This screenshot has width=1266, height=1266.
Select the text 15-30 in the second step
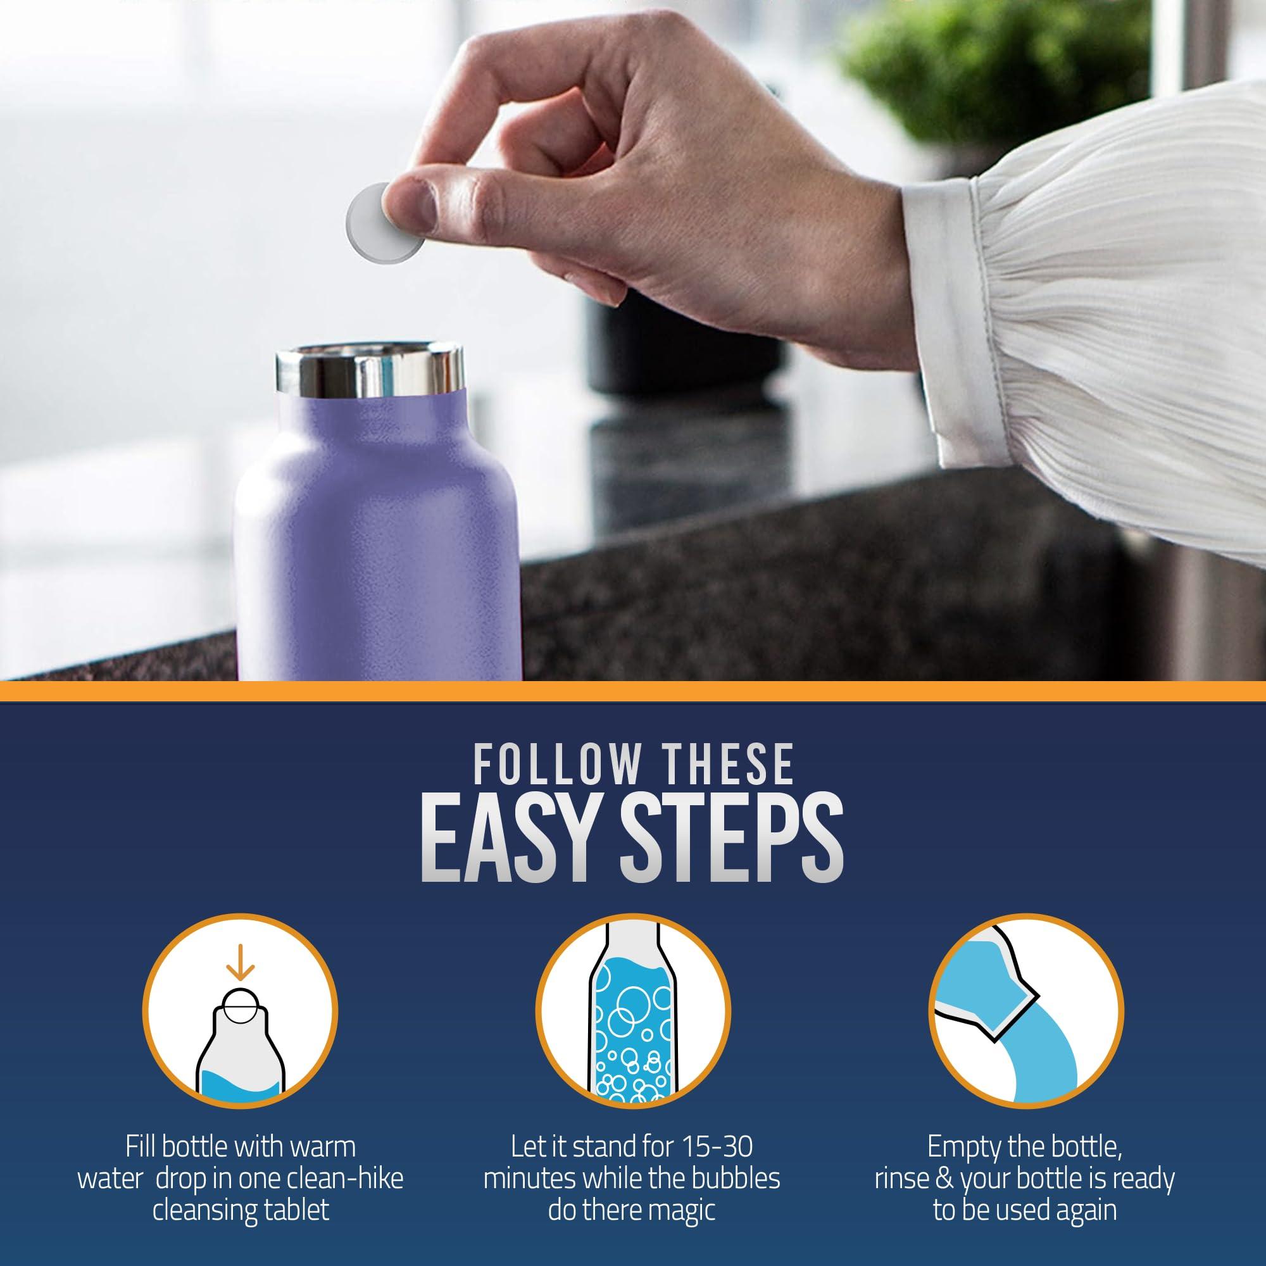click(x=716, y=1146)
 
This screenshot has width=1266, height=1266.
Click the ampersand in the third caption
click(x=946, y=1170)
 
